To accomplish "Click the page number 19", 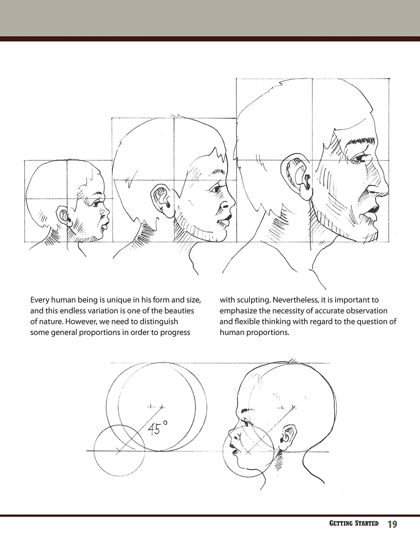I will [392, 524].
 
